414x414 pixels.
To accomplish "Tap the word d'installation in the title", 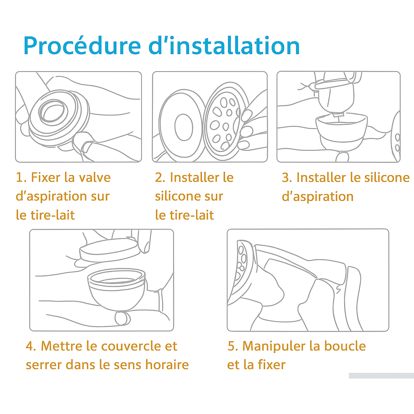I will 224,46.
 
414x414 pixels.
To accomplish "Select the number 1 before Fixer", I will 19,177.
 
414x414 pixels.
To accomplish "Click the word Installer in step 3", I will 321,177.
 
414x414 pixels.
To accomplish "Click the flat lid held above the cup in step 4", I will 109,251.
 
